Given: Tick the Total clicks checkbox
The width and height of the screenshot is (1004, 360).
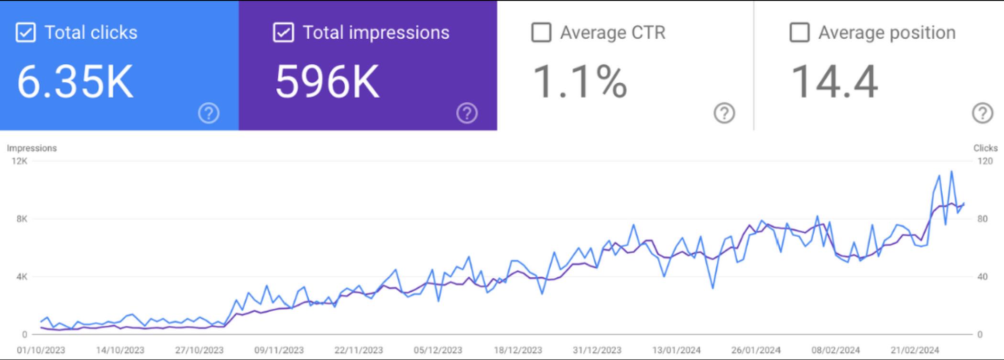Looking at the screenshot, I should [x=25, y=33].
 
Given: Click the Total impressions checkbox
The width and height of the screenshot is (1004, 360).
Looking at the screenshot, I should [x=283, y=33].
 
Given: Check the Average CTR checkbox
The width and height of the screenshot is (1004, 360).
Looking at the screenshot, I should [x=541, y=33].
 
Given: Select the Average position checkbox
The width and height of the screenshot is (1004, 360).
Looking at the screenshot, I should [x=799, y=33].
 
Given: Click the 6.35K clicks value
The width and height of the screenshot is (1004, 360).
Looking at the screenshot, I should [x=75, y=82].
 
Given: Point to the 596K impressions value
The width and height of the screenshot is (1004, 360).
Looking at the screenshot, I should [x=327, y=82].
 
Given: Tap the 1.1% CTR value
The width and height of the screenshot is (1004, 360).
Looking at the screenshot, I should [x=579, y=82].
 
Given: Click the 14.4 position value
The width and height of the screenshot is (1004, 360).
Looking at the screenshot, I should [x=834, y=82].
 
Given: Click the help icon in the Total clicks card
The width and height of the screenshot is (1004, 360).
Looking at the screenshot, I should [x=209, y=113].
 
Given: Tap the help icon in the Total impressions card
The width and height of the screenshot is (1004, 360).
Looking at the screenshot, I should [x=467, y=113].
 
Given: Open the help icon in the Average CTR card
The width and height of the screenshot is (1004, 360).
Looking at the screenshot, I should [x=724, y=113].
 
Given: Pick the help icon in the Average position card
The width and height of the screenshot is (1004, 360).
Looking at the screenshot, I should [x=982, y=113].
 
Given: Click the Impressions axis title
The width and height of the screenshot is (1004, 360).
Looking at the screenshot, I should [x=32, y=148].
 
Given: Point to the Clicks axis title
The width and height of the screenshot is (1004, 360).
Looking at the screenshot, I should [x=985, y=148].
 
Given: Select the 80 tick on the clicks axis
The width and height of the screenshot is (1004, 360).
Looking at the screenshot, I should [x=982, y=219].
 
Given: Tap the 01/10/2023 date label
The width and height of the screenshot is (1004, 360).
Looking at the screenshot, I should [x=41, y=350].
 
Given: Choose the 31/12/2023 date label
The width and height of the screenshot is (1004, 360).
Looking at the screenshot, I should [x=597, y=350].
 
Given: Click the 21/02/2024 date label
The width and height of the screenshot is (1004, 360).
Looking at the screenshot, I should [x=915, y=350].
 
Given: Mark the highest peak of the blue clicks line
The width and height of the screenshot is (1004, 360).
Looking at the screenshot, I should [x=951, y=171].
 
